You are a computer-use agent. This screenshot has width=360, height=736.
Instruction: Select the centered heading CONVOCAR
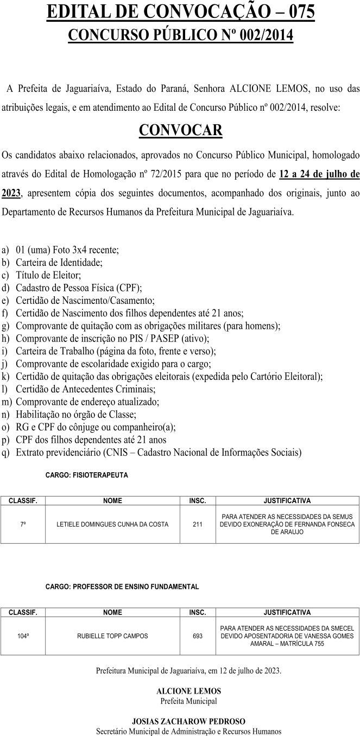(181, 130)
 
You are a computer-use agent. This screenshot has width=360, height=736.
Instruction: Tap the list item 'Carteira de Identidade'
(59, 263)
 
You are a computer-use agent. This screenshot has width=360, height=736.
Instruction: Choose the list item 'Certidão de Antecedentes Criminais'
(86, 389)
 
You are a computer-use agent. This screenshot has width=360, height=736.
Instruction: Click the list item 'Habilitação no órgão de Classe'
(76, 414)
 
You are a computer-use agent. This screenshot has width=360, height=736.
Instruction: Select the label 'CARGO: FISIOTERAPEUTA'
(87, 475)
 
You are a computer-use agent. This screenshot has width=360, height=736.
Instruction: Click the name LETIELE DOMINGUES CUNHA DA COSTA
(112, 524)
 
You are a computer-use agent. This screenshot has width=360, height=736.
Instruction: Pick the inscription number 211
(198, 524)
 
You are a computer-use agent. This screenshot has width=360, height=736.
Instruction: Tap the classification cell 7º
(23, 524)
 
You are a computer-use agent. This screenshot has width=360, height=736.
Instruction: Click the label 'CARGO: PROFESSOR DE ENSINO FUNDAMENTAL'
(122, 587)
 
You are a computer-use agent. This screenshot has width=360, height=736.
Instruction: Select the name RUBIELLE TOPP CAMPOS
(112, 636)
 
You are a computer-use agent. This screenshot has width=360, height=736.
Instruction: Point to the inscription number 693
(198, 636)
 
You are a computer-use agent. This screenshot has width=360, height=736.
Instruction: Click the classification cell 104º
(23, 636)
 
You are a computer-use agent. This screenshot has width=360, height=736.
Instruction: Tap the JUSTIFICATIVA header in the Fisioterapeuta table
(287, 500)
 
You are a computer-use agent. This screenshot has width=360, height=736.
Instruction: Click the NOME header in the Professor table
(112, 612)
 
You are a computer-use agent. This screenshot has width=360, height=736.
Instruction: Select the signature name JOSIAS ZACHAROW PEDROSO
(188, 721)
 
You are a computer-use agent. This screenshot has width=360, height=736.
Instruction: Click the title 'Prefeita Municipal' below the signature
(188, 701)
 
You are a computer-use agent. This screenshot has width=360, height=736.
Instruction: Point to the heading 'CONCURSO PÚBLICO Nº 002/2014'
(180, 35)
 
